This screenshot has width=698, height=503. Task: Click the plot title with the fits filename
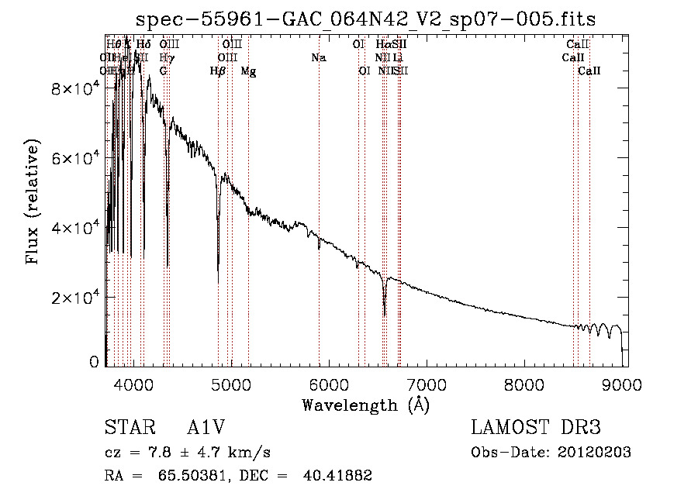pos(365,19)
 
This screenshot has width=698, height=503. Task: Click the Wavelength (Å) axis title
pos(365,405)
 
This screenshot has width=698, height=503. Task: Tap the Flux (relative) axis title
pos(33,203)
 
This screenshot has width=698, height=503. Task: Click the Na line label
pos(318,57)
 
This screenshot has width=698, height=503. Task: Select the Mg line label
pos(248,71)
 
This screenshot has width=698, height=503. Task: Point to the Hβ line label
pos(218,71)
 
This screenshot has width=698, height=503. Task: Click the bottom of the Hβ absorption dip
pos(218,283)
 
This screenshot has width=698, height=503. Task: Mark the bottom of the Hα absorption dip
pos(385,315)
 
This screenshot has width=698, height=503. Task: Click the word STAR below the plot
pos(126,428)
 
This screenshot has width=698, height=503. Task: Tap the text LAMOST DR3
pos(535,428)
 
